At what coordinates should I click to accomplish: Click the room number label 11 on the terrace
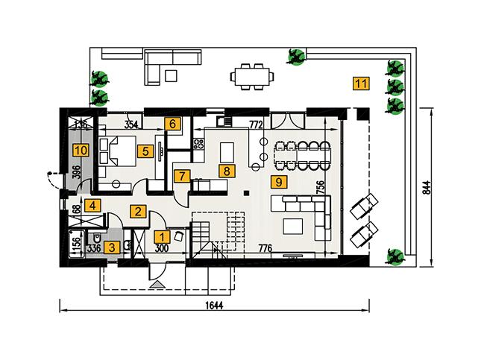coord(361,83)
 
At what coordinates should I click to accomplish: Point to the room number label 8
coord(224,170)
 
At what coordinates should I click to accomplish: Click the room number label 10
coord(80,151)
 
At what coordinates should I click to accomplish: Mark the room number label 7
coord(180,177)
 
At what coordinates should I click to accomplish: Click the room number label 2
coord(138,211)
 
